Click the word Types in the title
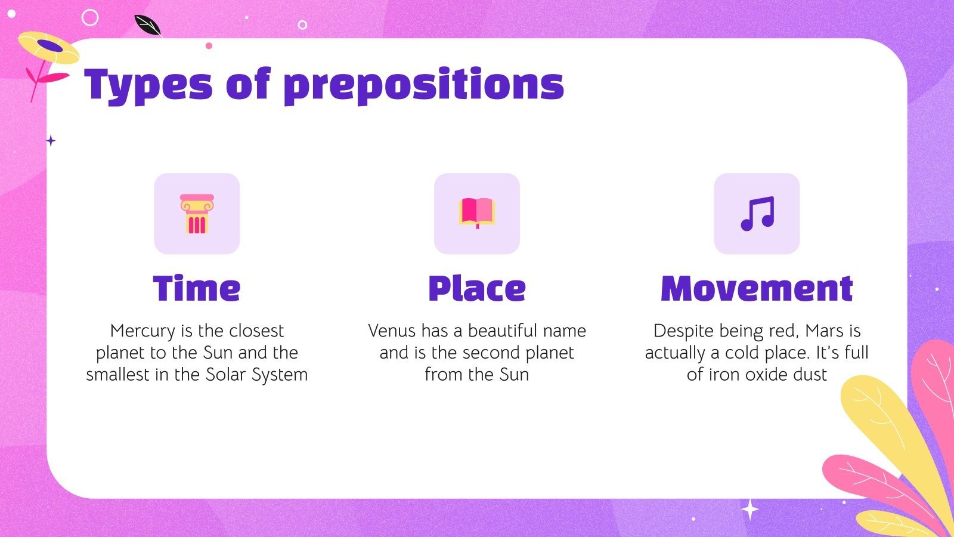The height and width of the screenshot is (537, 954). tap(148, 85)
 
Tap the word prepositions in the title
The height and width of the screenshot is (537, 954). tap(423, 85)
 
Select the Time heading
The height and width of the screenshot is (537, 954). tap(197, 289)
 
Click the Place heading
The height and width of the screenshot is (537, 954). tap(477, 289)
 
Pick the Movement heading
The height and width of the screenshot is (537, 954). tap(757, 289)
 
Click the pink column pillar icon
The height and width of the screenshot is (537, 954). tap(197, 214)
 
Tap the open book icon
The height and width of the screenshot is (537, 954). tap(477, 213)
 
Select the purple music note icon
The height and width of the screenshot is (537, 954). tap(757, 214)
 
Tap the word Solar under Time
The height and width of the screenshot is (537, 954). tap(226, 375)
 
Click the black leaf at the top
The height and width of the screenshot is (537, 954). tap(147, 26)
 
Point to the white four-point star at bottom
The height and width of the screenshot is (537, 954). tap(749, 510)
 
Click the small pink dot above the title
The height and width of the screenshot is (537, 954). tap(209, 46)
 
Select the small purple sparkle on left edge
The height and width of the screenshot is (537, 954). tap(51, 141)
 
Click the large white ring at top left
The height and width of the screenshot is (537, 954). tap(90, 17)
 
